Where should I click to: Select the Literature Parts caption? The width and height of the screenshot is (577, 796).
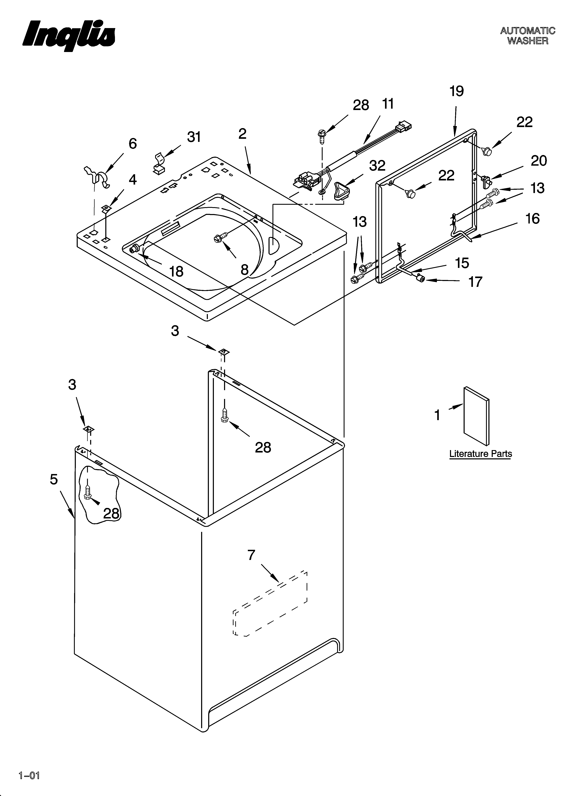(x=480, y=454)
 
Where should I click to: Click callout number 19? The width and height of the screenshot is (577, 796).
(x=457, y=91)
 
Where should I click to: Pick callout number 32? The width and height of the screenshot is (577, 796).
(x=377, y=166)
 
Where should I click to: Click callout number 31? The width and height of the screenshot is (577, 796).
(x=194, y=137)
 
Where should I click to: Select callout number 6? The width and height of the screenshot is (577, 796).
(x=133, y=144)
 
